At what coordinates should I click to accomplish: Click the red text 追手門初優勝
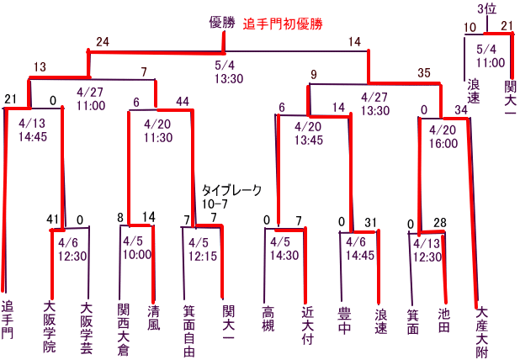283,24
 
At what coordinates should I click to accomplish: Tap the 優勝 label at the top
222,23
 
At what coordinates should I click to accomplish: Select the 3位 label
487,9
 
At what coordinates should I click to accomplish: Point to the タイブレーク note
231,190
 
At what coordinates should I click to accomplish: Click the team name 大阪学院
50,327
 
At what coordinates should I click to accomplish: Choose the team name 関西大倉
123,329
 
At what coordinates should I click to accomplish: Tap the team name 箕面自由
189,331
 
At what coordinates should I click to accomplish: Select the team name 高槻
268,319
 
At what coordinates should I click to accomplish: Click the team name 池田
443,320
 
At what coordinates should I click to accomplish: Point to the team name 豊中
344,320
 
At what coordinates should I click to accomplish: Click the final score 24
103,42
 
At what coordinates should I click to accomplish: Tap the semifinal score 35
424,73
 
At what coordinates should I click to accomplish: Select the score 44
183,102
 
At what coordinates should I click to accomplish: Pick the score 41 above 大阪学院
52,220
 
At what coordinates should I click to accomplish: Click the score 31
370,222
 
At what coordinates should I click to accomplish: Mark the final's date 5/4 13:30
229,72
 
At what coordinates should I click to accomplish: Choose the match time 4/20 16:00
443,136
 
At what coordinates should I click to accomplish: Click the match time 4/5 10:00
137,248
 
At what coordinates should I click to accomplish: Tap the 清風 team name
153,318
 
